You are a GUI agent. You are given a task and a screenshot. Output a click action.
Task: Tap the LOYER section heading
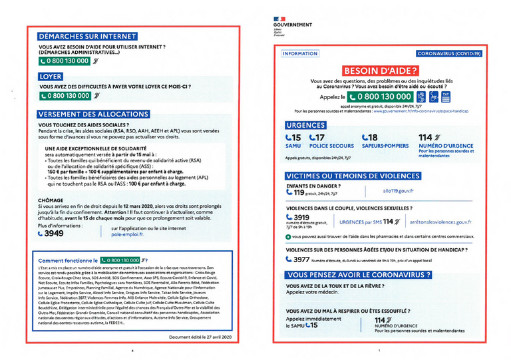click(x=51, y=77)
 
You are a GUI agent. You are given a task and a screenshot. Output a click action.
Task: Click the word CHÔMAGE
click(x=53, y=198)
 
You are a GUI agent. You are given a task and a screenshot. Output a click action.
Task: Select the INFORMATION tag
click(x=300, y=53)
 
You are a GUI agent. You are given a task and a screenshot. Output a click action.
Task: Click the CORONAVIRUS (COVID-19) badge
click(x=448, y=53)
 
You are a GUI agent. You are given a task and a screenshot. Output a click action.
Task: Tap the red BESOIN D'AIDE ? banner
click(x=381, y=70)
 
